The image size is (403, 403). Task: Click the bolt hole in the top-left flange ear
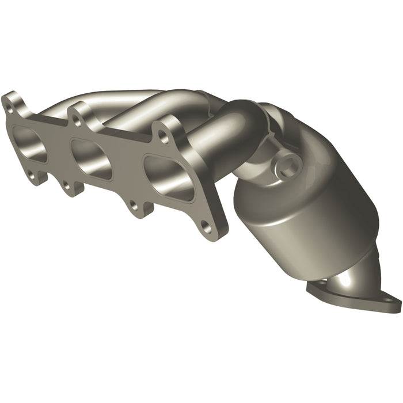click(x=9, y=105)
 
